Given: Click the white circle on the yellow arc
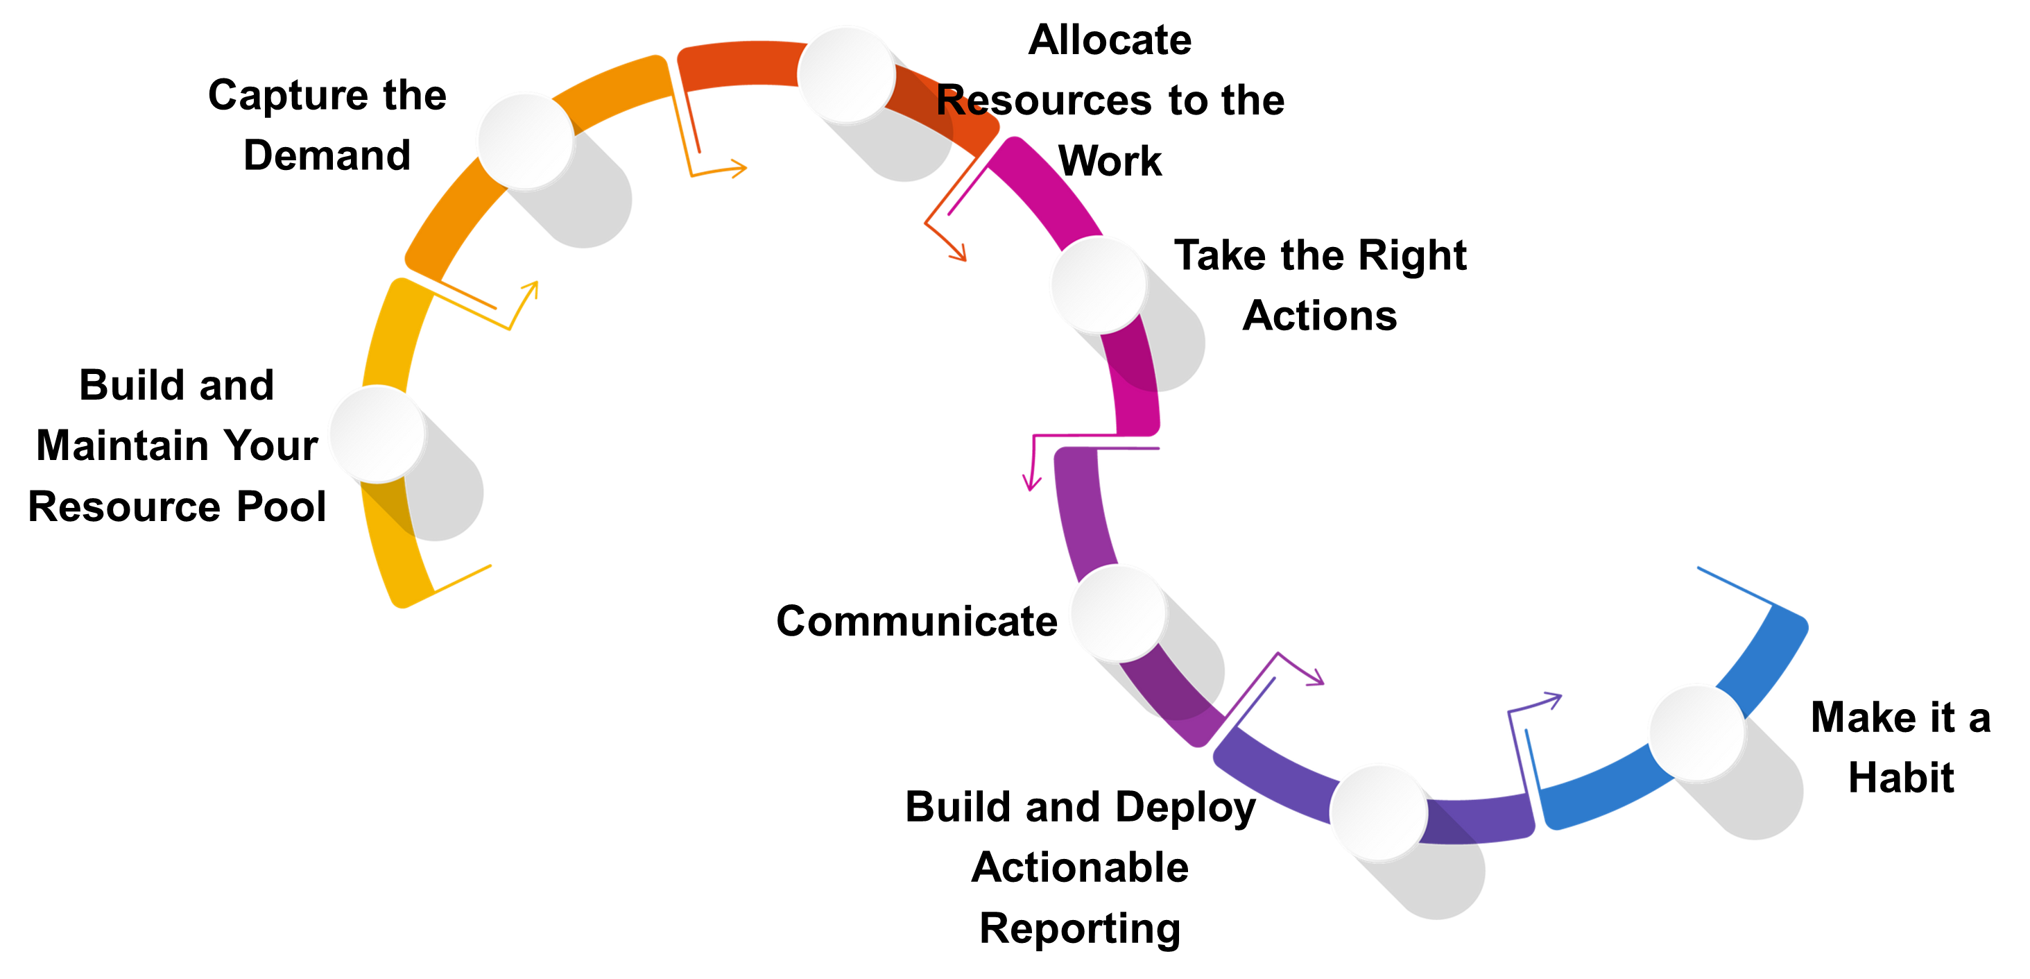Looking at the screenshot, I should click(377, 434).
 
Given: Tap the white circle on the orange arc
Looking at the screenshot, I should click(525, 139).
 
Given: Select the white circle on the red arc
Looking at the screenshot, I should click(846, 74).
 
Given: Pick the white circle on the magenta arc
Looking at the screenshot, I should click(1098, 284).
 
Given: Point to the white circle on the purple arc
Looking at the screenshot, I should click(1117, 613).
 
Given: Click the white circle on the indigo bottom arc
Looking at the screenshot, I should click(1378, 811).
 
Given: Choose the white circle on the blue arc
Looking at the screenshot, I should click(1696, 732).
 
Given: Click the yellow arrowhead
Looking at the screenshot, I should click(533, 287).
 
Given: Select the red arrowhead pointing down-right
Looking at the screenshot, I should click(959, 254).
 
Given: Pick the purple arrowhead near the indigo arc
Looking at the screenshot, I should click(1318, 679).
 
